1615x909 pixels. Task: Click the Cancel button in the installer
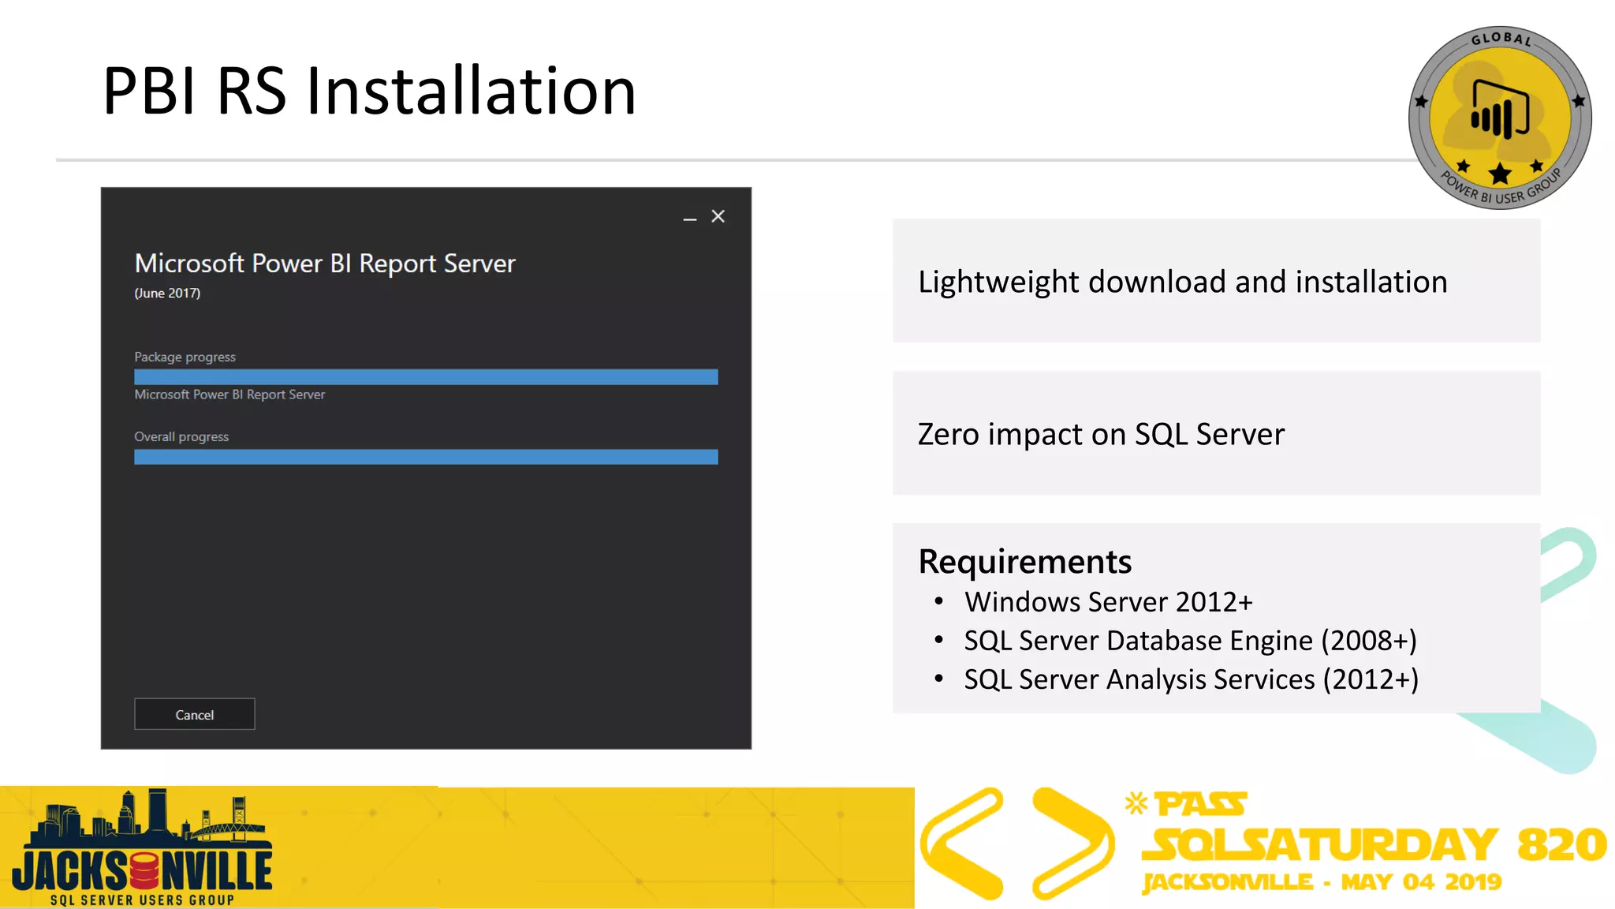click(194, 714)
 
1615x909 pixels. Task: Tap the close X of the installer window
click(718, 216)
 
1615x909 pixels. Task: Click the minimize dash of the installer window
click(690, 219)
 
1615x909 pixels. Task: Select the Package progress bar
click(426, 377)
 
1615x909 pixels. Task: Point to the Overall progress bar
click(426, 457)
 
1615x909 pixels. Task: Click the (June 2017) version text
click(167, 293)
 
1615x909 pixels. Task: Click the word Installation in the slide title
click(471, 92)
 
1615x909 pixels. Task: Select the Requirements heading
click(1024, 562)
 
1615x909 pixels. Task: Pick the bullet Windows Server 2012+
click(1108, 602)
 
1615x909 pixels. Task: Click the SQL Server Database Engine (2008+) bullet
click(1190, 641)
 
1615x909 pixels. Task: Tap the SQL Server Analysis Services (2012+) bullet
click(1191, 679)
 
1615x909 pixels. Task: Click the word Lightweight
click(998, 282)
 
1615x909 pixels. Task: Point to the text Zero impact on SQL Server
click(1101, 435)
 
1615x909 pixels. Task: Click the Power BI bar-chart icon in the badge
click(1499, 110)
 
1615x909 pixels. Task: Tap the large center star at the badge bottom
click(1500, 174)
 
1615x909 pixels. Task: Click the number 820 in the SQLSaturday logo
click(1561, 845)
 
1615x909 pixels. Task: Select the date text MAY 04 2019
click(1421, 882)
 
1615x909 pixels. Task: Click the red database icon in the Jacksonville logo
click(144, 871)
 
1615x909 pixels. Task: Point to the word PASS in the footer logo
click(1200, 805)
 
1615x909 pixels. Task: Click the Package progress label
click(185, 357)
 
